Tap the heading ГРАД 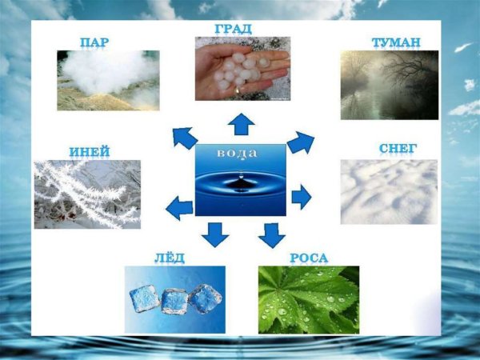coord(233,29)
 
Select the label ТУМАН coord(396,42)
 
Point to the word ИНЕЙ coord(90,151)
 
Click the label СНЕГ coord(398,150)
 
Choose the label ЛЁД coord(169,257)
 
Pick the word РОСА coord(309,258)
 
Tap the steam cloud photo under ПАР coord(107,79)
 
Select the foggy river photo coord(389,85)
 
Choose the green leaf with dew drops coord(308,299)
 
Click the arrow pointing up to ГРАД coord(241,124)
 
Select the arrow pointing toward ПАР coord(185,138)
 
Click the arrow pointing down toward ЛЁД coord(214,234)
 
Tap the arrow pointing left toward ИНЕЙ coord(179,210)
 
